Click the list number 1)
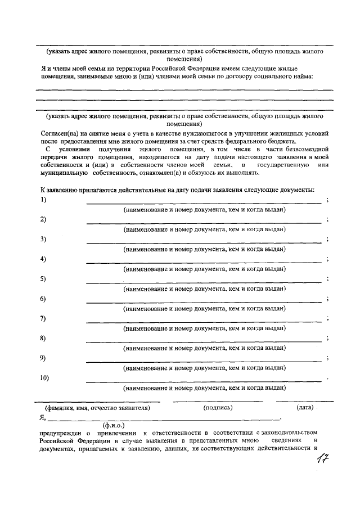point(43,200)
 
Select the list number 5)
point(43,279)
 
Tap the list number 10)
point(45,378)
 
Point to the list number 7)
point(43,318)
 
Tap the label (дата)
point(305,407)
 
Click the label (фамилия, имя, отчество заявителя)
point(97,408)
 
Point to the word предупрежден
point(60,433)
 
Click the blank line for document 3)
point(204,242)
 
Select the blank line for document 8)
point(204,341)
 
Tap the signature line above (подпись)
point(218,401)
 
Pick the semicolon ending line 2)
point(327,219)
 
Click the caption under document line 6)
point(204,308)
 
